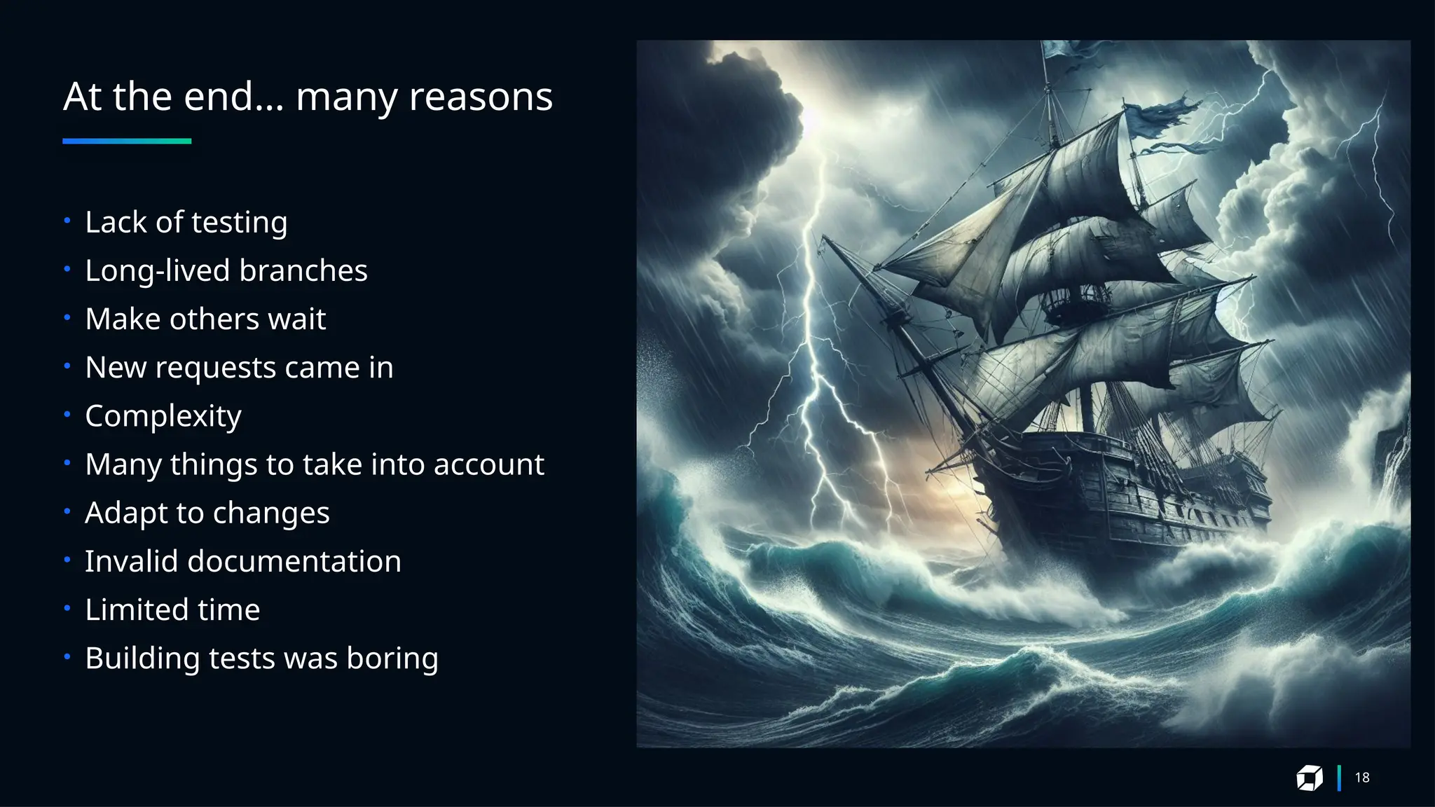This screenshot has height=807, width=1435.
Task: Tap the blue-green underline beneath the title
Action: (x=127, y=141)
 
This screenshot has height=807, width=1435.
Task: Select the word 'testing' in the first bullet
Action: (x=239, y=223)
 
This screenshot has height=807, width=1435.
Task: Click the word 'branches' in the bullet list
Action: (x=303, y=271)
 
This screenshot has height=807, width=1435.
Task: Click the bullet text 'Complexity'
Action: (x=163, y=417)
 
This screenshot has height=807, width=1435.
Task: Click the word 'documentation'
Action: (x=294, y=562)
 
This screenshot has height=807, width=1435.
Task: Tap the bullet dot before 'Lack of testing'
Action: (x=67, y=221)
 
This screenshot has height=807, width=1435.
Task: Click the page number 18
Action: (x=1362, y=778)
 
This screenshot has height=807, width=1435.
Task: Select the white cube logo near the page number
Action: (x=1309, y=778)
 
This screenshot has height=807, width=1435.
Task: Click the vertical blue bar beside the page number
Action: (x=1339, y=778)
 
